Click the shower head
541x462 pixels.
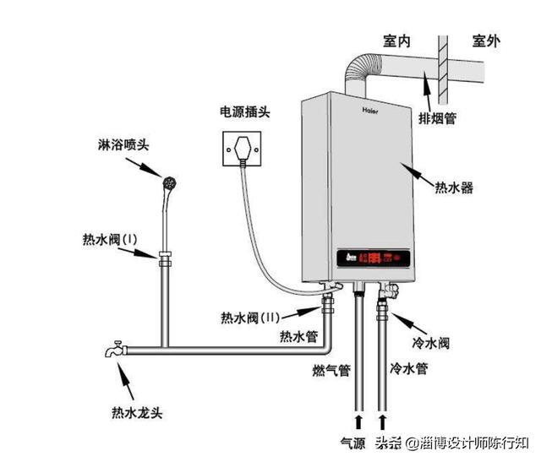[x=171, y=181]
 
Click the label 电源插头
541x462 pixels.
[x=245, y=111]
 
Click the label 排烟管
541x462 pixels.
[x=438, y=118]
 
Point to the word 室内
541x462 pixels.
[x=396, y=42]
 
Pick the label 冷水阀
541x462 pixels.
[x=431, y=344]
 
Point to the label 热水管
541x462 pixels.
[x=298, y=336]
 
